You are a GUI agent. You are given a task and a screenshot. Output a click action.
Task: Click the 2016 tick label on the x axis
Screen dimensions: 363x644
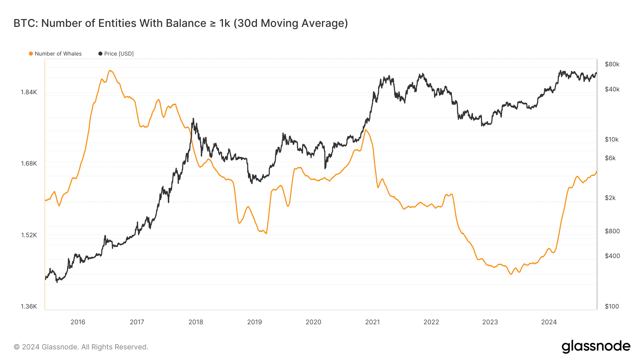[78, 322]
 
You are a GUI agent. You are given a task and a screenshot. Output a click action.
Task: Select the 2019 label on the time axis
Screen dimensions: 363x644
[254, 322]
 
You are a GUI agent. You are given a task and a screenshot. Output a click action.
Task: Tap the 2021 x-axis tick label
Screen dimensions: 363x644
[372, 322]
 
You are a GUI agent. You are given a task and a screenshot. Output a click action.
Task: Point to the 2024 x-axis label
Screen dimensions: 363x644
[549, 322]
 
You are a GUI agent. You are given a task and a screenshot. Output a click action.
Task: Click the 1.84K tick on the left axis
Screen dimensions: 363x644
[29, 92]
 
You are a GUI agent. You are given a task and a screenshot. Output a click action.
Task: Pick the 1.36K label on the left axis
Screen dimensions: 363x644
[29, 306]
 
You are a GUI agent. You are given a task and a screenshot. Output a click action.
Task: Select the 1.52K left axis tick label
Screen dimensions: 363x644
[29, 235]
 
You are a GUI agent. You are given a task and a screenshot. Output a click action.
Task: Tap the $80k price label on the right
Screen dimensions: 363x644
[612, 64]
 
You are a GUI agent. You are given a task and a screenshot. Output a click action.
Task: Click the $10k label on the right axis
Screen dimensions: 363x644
[611, 139]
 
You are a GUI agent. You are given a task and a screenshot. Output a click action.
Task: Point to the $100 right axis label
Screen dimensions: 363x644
[611, 306]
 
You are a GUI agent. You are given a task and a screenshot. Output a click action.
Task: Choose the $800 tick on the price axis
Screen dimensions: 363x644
[612, 231]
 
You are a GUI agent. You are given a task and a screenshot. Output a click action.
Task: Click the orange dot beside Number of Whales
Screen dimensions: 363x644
[31, 54]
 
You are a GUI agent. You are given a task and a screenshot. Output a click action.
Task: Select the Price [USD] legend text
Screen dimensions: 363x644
[119, 54]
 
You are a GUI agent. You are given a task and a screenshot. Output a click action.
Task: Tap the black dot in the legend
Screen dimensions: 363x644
[100, 54]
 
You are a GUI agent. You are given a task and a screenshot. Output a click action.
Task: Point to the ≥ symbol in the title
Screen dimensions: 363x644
[213, 23]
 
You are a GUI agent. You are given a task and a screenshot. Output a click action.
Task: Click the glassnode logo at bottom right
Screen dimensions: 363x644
[596, 347]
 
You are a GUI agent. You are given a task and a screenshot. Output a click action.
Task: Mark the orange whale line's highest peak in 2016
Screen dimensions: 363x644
[110, 71]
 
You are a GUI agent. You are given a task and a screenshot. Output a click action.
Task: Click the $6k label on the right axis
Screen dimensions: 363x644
[610, 158]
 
